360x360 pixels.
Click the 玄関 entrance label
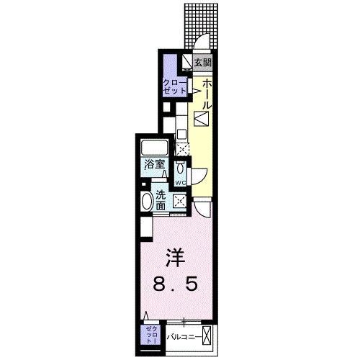click(203, 63)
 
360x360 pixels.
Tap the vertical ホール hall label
click(207, 94)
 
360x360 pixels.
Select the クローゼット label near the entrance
click(175, 86)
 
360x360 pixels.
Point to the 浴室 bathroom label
click(155, 165)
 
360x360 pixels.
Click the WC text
click(180, 183)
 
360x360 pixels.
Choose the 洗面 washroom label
click(161, 200)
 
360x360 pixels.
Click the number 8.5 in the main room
click(176, 284)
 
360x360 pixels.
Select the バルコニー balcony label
click(184, 337)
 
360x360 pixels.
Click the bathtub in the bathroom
click(154, 148)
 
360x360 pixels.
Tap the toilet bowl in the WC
click(180, 168)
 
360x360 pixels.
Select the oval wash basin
click(147, 202)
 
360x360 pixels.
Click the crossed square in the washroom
click(180, 201)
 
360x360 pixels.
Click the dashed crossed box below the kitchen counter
click(182, 149)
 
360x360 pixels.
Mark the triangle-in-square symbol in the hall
click(201, 119)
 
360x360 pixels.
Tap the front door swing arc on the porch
click(202, 38)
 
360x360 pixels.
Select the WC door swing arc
click(200, 176)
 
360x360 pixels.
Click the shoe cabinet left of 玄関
click(186, 63)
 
